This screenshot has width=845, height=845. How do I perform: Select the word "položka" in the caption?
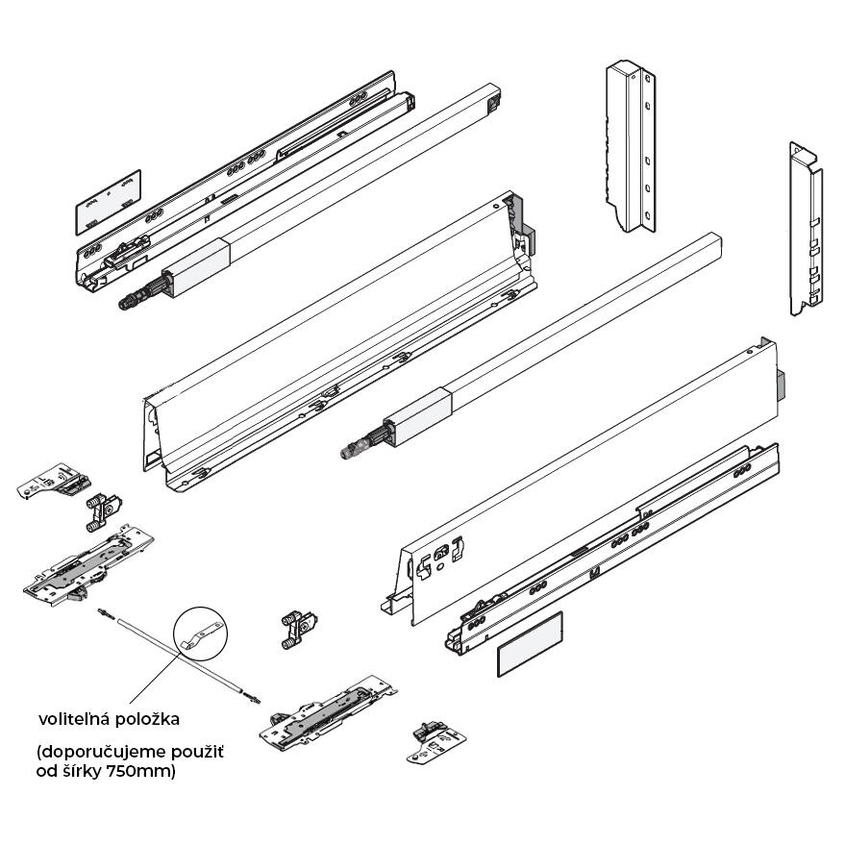tap(148, 720)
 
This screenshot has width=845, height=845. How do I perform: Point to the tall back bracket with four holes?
tap(631, 146)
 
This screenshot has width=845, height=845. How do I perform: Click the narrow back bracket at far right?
tap(807, 229)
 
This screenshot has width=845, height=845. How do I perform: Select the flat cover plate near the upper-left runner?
tap(108, 202)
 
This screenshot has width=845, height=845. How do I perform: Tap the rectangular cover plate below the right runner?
tap(529, 644)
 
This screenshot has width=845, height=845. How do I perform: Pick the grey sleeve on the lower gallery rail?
tap(417, 417)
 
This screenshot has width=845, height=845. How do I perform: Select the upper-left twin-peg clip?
tap(104, 511)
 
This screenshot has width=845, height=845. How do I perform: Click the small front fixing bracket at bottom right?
tap(436, 742)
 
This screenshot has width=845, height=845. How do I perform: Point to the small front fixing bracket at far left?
tap(54, 480)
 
